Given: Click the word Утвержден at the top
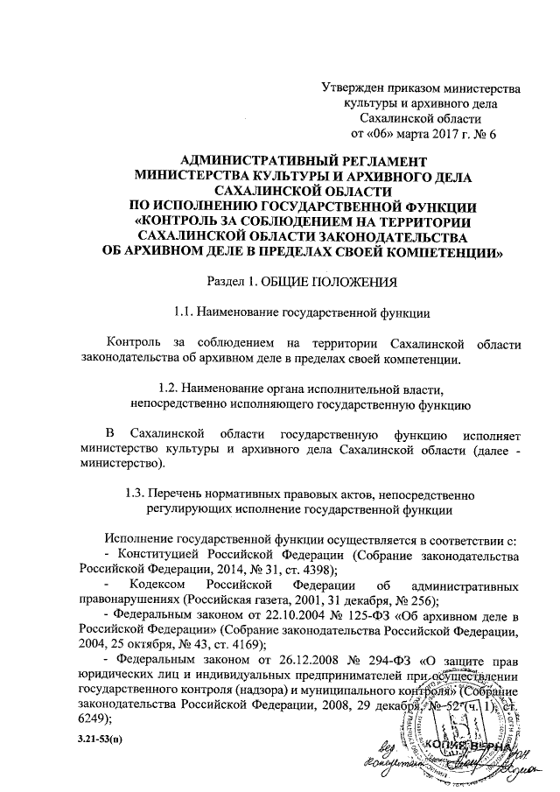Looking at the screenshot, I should [x=353, y=88].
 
